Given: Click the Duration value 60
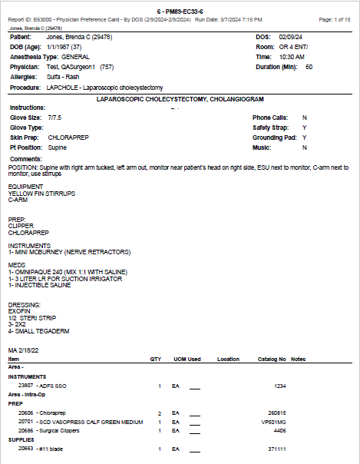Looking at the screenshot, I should pyautogui.click(x=309, y=67).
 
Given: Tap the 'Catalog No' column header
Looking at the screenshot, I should pyautogui.click(x=272, y=359).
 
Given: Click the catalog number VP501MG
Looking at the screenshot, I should pyautogui.click(x=273, y=421).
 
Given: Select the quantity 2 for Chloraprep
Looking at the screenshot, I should pyautogui.click(x=159, y=413).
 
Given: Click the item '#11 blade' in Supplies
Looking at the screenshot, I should pyautogui.click(x=48, y=448).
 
